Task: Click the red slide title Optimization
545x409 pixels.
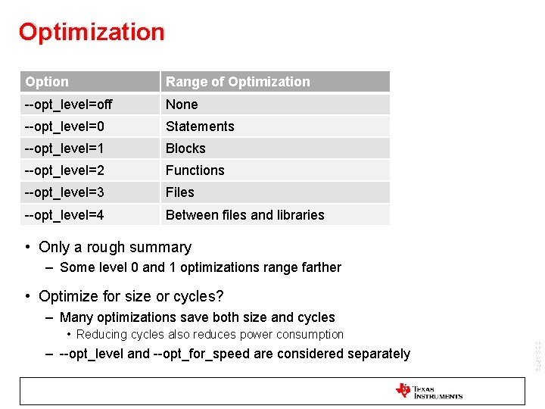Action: (x=92, y=32)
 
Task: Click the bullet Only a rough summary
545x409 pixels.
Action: (x=115, y=247)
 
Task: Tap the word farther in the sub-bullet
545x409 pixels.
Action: (x=320, y=267)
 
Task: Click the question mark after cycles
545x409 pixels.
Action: (x=220, y=296)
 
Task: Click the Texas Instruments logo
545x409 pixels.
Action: (x=428, y=391)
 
